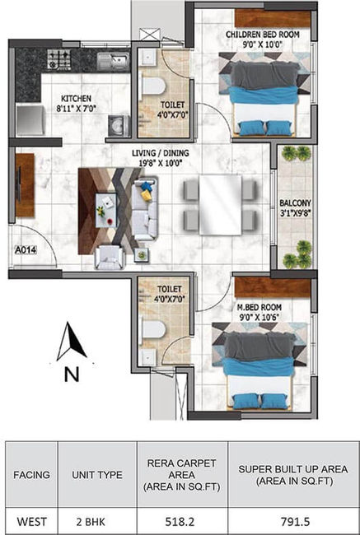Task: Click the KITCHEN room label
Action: tap(76, 99)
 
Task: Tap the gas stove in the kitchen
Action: tap(58, 58)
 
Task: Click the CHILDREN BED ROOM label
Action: tap(262, 35)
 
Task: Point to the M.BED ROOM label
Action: tap(259, 307)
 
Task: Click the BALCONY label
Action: tap(295, 203)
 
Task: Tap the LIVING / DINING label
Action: tap(161, 153)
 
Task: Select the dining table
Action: tap(220, 205)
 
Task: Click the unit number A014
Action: tap(26, 250)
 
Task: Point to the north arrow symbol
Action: tap(72, 342)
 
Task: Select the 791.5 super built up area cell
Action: tap(295, 522)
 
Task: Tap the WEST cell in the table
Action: tap(31, 522)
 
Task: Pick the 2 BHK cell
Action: tap(91, 522)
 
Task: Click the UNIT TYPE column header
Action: tap(97, 475)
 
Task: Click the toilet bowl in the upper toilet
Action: tap(152, 86)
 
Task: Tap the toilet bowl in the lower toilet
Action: tap(153, 329)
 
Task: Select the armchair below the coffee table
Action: tap(110, 258)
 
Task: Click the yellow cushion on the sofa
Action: tap(147, 196)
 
